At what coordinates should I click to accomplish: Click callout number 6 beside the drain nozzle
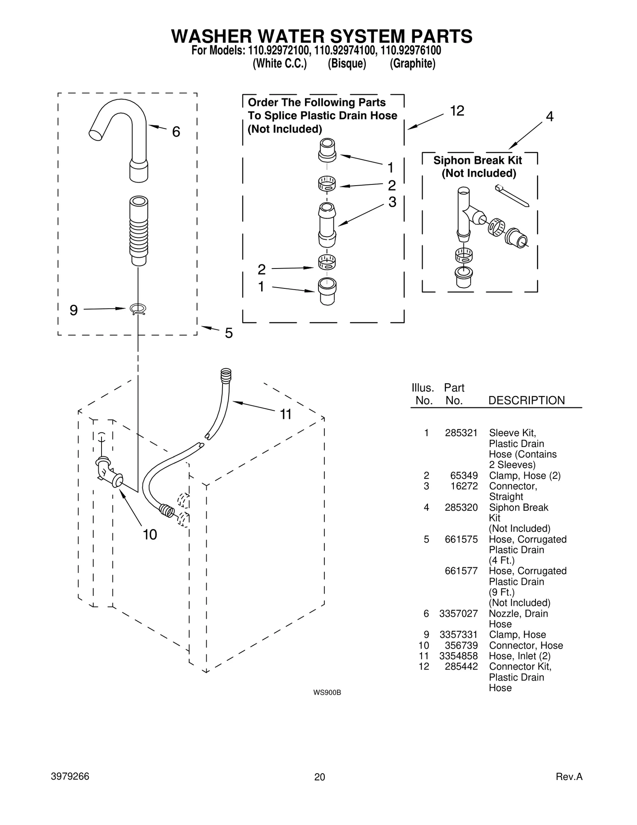(176, 131)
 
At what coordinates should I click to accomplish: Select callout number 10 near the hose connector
(150, 535)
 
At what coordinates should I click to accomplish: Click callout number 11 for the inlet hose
(286, 414)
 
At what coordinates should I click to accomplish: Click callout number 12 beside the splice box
(457, 111)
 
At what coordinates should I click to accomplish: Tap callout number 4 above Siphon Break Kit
(549, 116)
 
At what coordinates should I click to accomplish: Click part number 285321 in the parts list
(461, 433)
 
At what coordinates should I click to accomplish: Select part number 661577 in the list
(461, 571)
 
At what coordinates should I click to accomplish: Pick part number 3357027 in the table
(458, 613)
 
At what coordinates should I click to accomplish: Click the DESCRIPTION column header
(526, 400)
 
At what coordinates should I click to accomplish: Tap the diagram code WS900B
(327, 692)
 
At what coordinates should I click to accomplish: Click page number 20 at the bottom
(319, 777)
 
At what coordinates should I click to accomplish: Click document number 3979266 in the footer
(70, 776)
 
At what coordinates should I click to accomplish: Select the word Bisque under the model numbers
(347, 64)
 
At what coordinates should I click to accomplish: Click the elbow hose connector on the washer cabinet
(107, 472)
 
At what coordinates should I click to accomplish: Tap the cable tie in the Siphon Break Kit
(512, 196)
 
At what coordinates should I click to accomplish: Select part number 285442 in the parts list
(461, 666)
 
